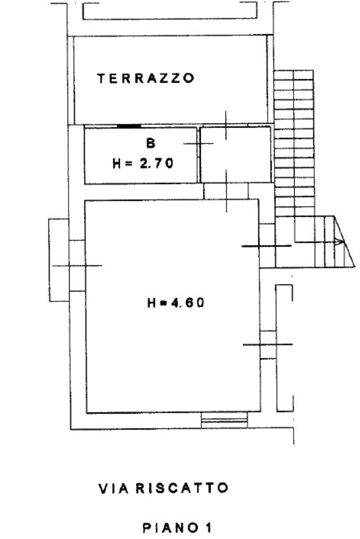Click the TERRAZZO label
(x=146, y=79)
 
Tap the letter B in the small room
(x=151, y=143)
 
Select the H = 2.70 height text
(x=143, y=163)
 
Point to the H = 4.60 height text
(x=176, y=302)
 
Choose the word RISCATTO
(x=182, y=488)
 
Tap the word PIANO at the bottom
(x=171, y=527)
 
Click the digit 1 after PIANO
(x=208, y=527)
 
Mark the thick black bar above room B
(x=129, y=126)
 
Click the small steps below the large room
(x=224, y=420)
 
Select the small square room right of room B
(x=236, y=154)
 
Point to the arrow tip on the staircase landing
(x=344, y=242)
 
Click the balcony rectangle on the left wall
(x=59, y=260)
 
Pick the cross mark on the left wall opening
(x=77, y=266)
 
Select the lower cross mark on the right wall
(x=268, y=344)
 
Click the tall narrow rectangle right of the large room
(x=285, y=348)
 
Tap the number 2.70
(x=157, y=163)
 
